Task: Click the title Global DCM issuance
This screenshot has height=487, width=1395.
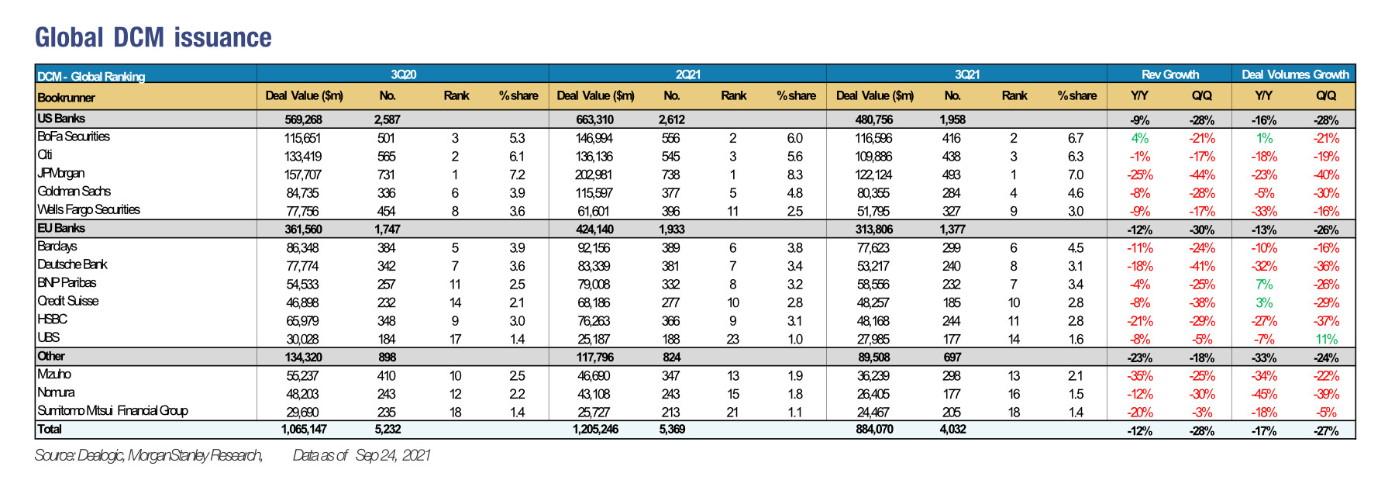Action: pos(153,37)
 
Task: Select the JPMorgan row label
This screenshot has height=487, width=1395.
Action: pos(61,174)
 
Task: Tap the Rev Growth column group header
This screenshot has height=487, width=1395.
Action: pos(1170,74)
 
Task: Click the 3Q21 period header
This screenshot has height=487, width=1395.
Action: pos(967,74)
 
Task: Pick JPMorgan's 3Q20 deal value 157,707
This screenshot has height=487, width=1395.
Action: pos(303,174)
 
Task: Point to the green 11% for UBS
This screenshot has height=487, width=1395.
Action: pos(1326,339)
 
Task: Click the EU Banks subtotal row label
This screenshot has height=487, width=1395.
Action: pos(61,228)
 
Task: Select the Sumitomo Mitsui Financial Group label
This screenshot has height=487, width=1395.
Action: pos(113,410)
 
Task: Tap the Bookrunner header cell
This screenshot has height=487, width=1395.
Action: pos(66,98)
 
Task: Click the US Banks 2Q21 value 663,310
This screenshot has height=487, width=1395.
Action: pos(595,119)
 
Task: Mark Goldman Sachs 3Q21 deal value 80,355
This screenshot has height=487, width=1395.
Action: pos(873,193)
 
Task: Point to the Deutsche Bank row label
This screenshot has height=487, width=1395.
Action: pos(73,264)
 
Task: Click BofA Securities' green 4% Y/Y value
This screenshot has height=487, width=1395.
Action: pos(1139,138)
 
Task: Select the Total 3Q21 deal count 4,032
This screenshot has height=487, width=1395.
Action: pos(952,429)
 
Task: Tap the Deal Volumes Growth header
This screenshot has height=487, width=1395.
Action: pos(1295,74)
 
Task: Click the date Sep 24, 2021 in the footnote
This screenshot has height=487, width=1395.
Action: pos(393,455)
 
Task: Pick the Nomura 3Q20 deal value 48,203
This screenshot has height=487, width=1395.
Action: pos(303,394)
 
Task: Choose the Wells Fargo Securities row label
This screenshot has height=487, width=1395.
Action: pos(89,209)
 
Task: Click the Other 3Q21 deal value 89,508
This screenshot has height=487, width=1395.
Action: pos(873,357)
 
